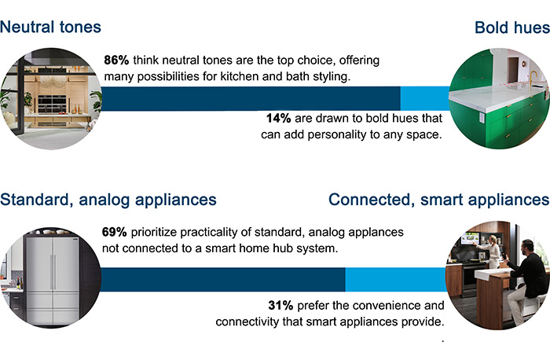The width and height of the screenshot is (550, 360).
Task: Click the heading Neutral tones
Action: point(51,27)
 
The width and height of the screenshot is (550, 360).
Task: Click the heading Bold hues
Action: point(511,28)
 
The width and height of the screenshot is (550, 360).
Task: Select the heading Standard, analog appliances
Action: point(108,199)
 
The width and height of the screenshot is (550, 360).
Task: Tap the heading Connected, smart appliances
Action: point(438,199)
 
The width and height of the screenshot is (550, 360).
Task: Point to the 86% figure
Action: point(117,60)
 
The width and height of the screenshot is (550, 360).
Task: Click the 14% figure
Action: point(280,119)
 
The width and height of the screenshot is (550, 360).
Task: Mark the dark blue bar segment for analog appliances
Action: point(223,280)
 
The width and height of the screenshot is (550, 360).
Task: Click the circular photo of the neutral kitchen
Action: point(52,98)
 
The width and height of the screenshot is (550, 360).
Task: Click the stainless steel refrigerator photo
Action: point(52,277)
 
